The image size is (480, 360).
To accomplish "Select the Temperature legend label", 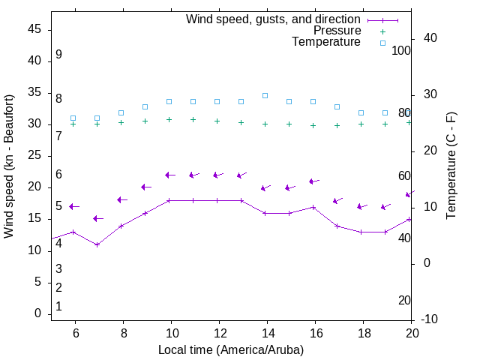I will [x=326, y=42].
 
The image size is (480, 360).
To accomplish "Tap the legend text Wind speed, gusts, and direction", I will [x=274, y=19].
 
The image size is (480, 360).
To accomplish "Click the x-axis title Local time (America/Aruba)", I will [x=231, y=349].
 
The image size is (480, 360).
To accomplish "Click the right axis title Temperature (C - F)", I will [x=451, y=166].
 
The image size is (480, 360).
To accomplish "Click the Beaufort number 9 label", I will [x=58, y=55].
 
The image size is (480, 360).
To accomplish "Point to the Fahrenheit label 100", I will [x=401, y=50].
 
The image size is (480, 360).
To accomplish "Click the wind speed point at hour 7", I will [x=97, y=244].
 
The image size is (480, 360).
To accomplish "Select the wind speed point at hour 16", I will [x=313, y=207].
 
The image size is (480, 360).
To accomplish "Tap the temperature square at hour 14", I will [x=265, y=95].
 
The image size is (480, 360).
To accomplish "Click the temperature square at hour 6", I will [x=73, y=118].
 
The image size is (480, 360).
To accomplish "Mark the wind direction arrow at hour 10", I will [x=170, y=175].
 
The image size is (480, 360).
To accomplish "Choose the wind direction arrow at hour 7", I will [x=98, y=218].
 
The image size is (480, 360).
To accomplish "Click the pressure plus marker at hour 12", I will [x=217, y=121].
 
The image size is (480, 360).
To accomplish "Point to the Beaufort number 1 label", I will [x=58, y=306].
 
